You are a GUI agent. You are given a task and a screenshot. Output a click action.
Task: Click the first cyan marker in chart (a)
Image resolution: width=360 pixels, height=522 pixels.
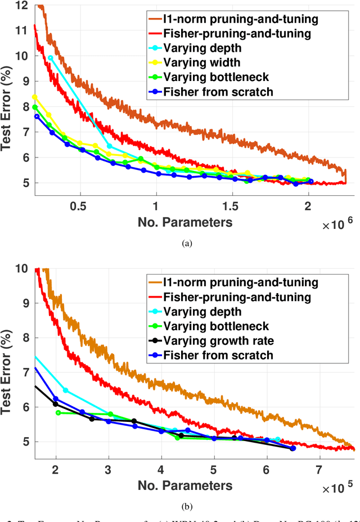click(51, 58)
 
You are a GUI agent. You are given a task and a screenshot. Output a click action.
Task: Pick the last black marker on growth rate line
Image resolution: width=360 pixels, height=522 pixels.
click(292, 448)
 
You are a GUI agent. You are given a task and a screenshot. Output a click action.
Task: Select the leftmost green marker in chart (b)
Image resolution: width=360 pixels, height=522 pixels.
click(58, 412)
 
